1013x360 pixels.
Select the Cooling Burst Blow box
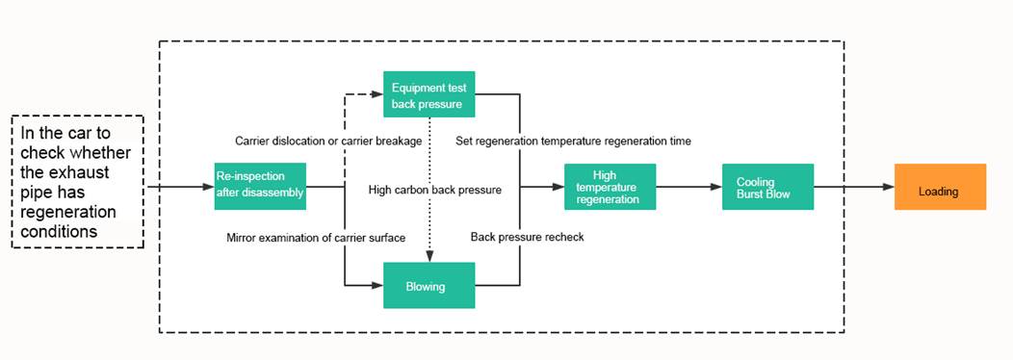tap(767, 187)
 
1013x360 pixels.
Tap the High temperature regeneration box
tap(610, 187)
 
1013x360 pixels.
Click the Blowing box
tap(429, 285)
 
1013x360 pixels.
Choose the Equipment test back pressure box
tap(429, 95)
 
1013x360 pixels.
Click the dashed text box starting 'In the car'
tap(77, 182)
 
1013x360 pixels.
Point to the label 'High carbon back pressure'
tap(434, 190)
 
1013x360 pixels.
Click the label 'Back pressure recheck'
tap(527, 237)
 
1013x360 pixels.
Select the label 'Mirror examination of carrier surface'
tap(316, 237)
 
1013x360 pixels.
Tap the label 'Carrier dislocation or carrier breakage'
tap(328, 141)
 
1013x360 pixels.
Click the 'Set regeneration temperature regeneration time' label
tap(573, 141)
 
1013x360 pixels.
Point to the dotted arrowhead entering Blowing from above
tap(429, 255)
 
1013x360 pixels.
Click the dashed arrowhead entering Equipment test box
tap(377, 94)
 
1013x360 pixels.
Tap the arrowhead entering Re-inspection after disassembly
tap(208, 187)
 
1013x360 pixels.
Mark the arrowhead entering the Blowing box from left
tap(377, 285)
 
